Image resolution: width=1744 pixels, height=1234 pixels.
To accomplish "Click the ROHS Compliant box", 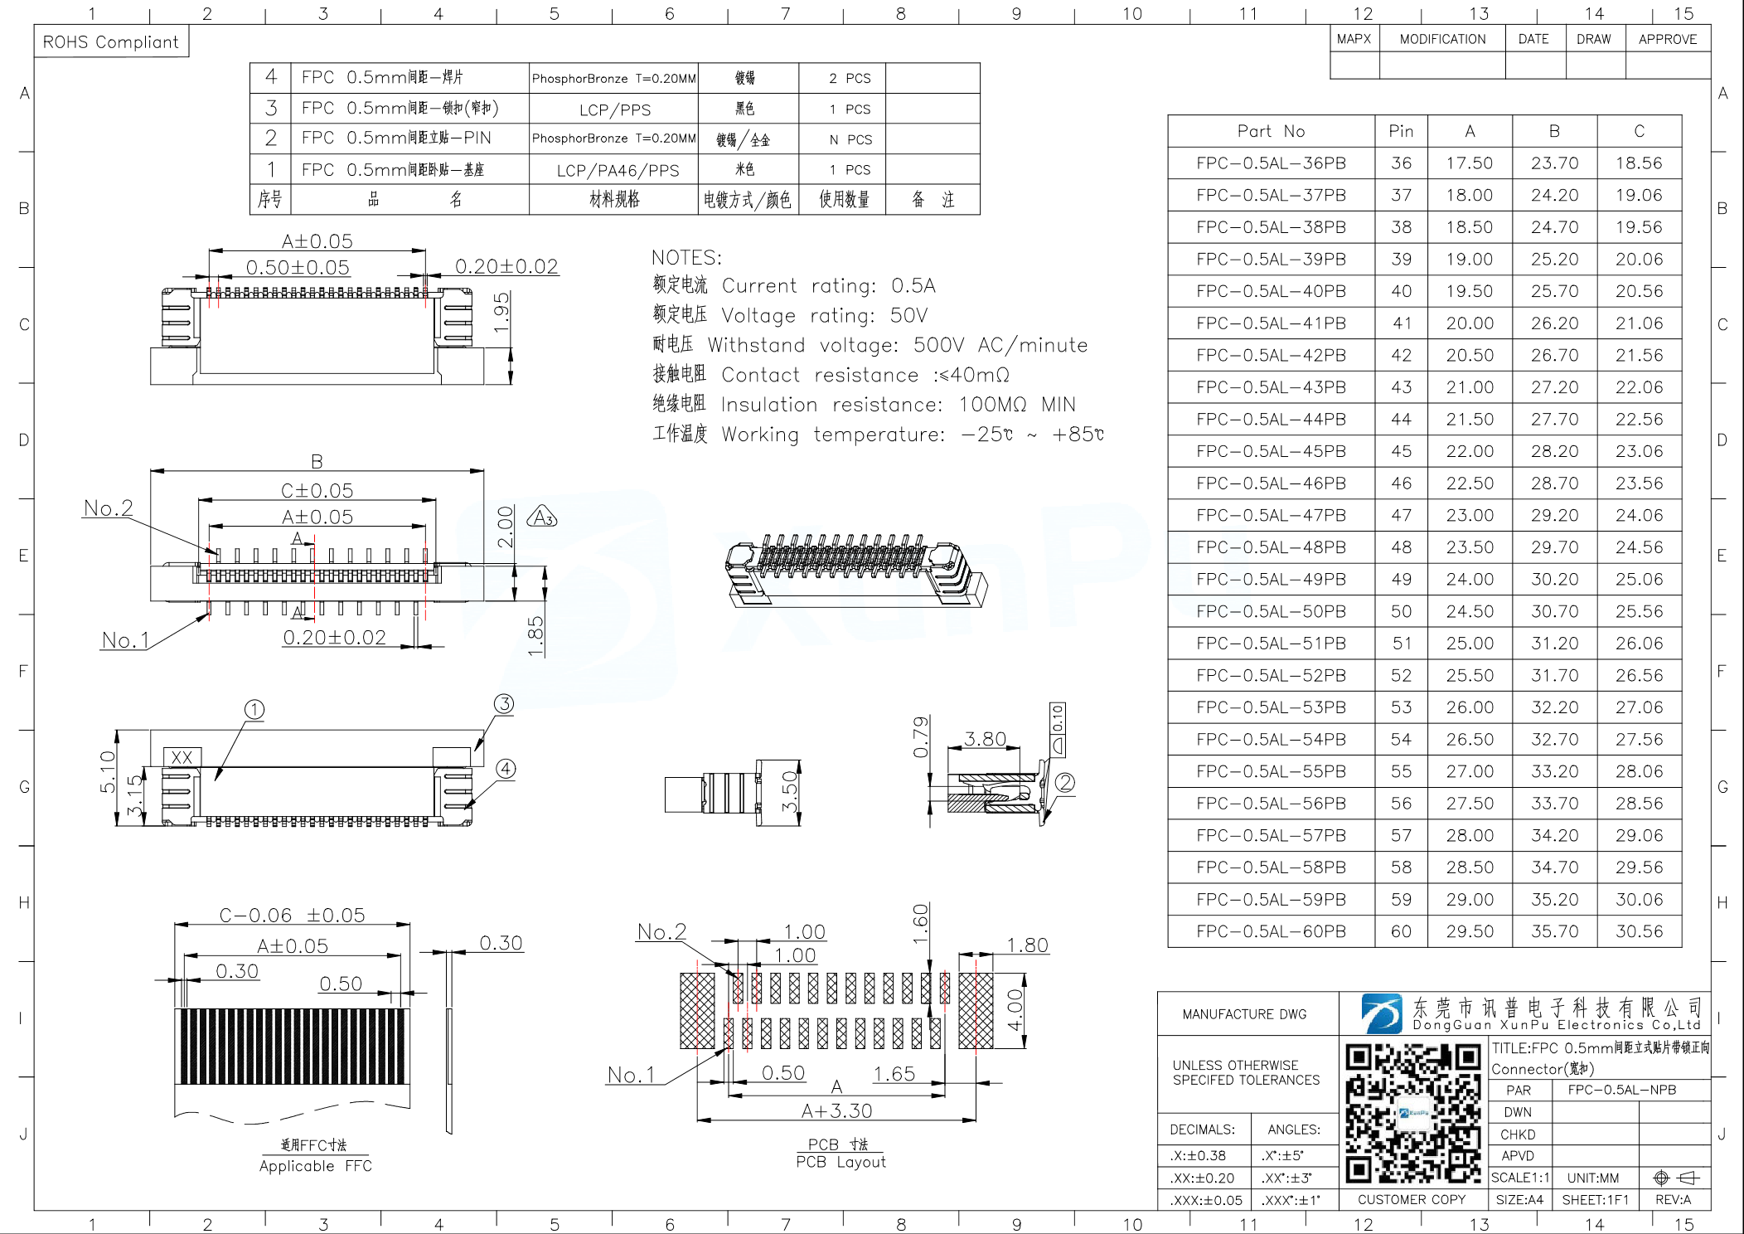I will click(111, 42).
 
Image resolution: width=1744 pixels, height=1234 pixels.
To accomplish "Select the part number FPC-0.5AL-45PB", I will click(1271, 451).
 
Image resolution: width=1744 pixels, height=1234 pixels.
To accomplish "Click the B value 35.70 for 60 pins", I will click(1554, 931).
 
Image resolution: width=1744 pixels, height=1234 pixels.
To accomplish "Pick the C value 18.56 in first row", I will click(1639, 163).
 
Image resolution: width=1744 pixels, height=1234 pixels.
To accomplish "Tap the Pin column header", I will click(1401, 131).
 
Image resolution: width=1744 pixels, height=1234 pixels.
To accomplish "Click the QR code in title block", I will click(1412, 1113).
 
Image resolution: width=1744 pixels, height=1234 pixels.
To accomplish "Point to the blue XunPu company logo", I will click(1381, 1013).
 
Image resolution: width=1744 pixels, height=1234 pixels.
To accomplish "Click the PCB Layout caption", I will click(841, 1162).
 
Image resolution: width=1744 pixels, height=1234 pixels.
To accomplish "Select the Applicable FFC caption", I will click(315, 1166).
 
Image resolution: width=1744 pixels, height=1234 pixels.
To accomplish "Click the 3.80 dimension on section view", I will click(985, 738).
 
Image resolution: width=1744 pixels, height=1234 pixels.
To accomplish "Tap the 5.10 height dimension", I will click(108, 771).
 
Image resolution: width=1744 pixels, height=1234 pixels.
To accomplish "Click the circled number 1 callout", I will click(254, 710).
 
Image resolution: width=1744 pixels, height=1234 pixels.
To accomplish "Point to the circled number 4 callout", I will click(506, 769).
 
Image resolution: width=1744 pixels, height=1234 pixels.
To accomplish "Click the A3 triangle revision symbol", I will click(542, 518).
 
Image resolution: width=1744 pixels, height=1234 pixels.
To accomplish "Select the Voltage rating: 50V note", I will click(824, 316).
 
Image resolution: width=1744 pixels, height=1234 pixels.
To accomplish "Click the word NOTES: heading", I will click(686, 257).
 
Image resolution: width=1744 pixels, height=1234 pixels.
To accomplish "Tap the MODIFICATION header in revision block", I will click(1442, 39).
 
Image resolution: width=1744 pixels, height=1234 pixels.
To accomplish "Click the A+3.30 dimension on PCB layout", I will click(836, 1110).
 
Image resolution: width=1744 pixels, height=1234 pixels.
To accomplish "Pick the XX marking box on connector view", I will click(182, 757).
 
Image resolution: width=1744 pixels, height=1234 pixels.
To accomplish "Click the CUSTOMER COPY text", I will click(1411, 1199).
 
